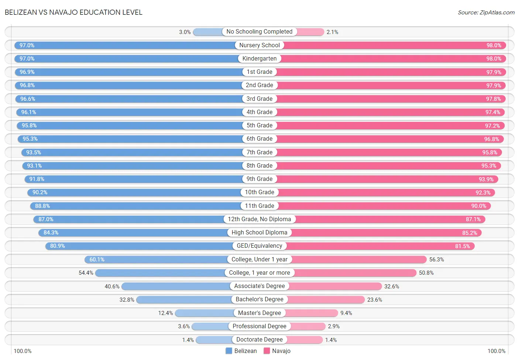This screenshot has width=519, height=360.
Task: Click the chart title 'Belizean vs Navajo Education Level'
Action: (73, 12)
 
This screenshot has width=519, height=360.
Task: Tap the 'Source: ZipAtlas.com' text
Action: (486, 12)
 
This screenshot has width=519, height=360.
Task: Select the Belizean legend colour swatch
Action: (229, 351)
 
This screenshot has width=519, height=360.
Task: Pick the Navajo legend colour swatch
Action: (267, 351)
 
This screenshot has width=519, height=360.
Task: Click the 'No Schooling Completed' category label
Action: (259, 32)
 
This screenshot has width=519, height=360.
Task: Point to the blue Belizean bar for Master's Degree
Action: (204, 313)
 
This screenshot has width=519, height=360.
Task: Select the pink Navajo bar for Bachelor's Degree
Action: (326, 299)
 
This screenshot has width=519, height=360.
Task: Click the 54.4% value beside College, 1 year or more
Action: (86, 273)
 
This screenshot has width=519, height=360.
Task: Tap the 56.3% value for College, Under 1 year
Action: (436, 260)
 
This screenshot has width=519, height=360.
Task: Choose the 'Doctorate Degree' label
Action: (259, 340)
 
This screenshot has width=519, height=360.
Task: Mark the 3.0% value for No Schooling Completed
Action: (185, 32)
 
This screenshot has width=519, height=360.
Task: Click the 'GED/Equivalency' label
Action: (259, 246)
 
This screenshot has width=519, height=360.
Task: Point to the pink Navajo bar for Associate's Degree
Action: (335, 286)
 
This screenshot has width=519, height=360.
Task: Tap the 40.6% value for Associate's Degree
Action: (112, 287)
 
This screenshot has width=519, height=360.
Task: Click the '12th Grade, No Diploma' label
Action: (259, 219)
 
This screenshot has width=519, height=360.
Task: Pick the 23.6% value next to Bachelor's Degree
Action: (374, 300)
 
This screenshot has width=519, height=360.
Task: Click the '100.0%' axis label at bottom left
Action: (23, 351)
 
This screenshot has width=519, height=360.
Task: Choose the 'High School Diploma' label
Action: (259, 233)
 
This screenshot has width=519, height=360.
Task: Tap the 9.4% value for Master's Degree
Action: (346, 313)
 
